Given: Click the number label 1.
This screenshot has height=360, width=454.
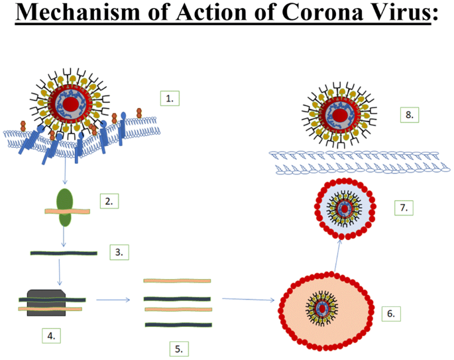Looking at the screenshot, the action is click(x=170, y=98).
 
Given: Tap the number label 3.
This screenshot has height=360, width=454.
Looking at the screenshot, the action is click(x=119, y=252).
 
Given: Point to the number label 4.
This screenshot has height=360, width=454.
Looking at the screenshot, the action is click(x=50, y=335).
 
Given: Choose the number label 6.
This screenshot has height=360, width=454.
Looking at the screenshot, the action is click(x=390, y=312).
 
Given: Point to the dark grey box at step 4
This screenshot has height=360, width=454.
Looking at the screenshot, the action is click(x=46, y=302).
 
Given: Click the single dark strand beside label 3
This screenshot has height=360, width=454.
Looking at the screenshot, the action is click(x=64, y=253).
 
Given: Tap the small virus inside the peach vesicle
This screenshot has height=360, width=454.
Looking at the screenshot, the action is click(x=323, y=308).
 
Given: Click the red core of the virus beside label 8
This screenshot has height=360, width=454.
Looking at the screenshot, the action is click(x=340, y=115).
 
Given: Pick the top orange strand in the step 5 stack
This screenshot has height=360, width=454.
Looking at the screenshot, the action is click(x=177, y=281).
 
